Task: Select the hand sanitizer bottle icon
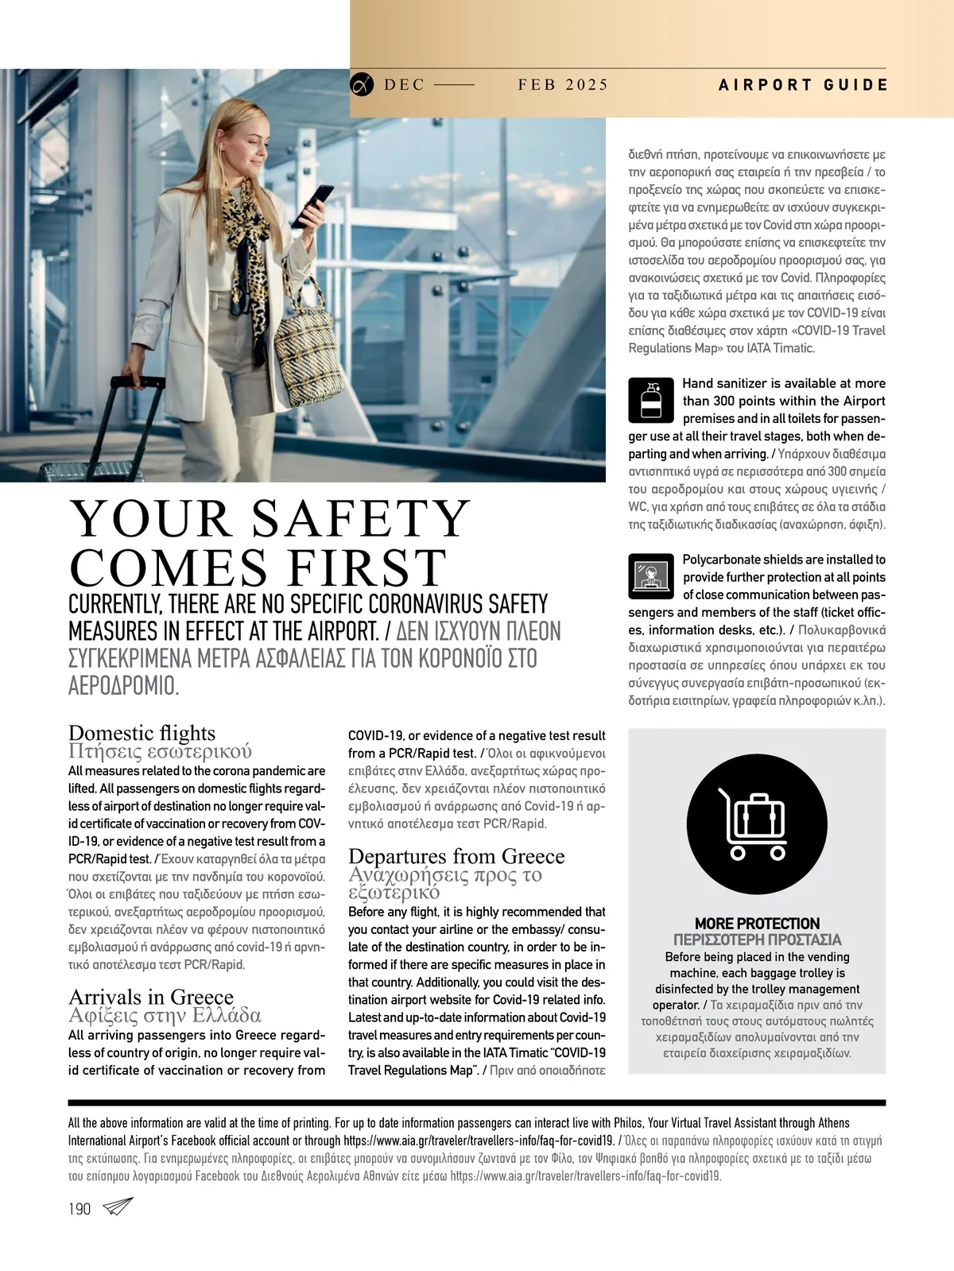click(651, 400)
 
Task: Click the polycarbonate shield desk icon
click(651, 575)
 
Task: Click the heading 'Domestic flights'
click(142, 732)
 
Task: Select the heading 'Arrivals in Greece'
click(151, 996)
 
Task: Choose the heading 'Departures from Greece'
click(456, 856)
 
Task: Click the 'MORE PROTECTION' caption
click(757, 924)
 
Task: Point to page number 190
click(79, 1209)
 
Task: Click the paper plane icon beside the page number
click(118, 1207)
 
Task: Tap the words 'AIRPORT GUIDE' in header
click(803, 85)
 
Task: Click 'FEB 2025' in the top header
click(562, 85)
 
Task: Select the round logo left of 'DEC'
click(362, 84)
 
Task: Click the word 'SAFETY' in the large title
click(361, 519)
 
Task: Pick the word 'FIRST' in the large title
click(366, 568)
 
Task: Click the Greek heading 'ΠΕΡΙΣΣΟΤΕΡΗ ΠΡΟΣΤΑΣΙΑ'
click(757, 940)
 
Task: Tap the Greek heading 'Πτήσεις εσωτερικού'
click(160, 751)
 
